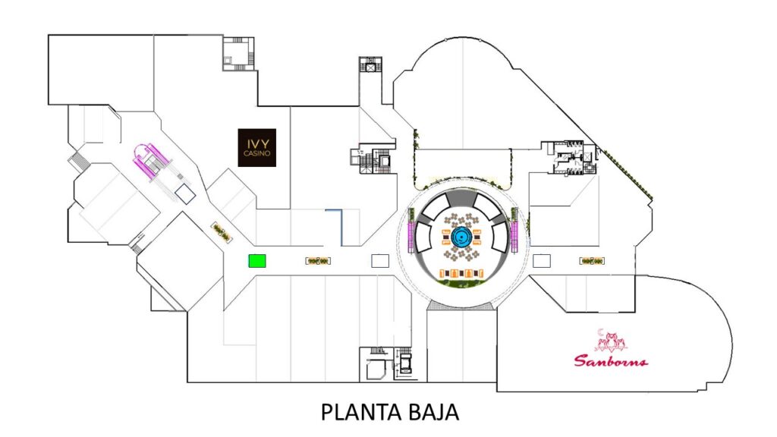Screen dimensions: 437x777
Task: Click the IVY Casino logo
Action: [258, 147]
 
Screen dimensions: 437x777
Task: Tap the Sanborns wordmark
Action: [611, 360]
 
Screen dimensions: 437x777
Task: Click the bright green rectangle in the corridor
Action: [258, 261]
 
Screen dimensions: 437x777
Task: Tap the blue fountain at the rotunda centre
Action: [461, 237]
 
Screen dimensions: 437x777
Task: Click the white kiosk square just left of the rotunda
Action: [379, 261]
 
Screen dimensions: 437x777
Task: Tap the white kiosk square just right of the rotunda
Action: [542, 261]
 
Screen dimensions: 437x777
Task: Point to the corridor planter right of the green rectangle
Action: [317, 261]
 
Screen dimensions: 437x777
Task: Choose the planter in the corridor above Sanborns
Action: [592, 261]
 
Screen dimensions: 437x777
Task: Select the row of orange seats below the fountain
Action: [461, 272]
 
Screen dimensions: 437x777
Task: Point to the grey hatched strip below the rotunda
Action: [461, 305]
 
